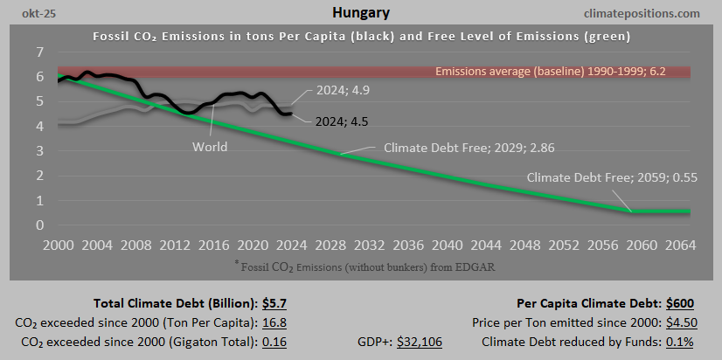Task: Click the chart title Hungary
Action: [x=361, y=13]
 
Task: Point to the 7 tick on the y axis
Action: [x=39, y=53]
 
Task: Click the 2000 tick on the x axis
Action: [x=57, y=245]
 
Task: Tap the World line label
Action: [x=210, y=147]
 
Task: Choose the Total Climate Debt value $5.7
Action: [x=274, y=304]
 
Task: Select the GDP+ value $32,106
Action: [x=420, y=341]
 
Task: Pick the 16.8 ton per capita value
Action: [x=274, y=322]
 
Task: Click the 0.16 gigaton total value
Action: [x=274, y=341]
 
